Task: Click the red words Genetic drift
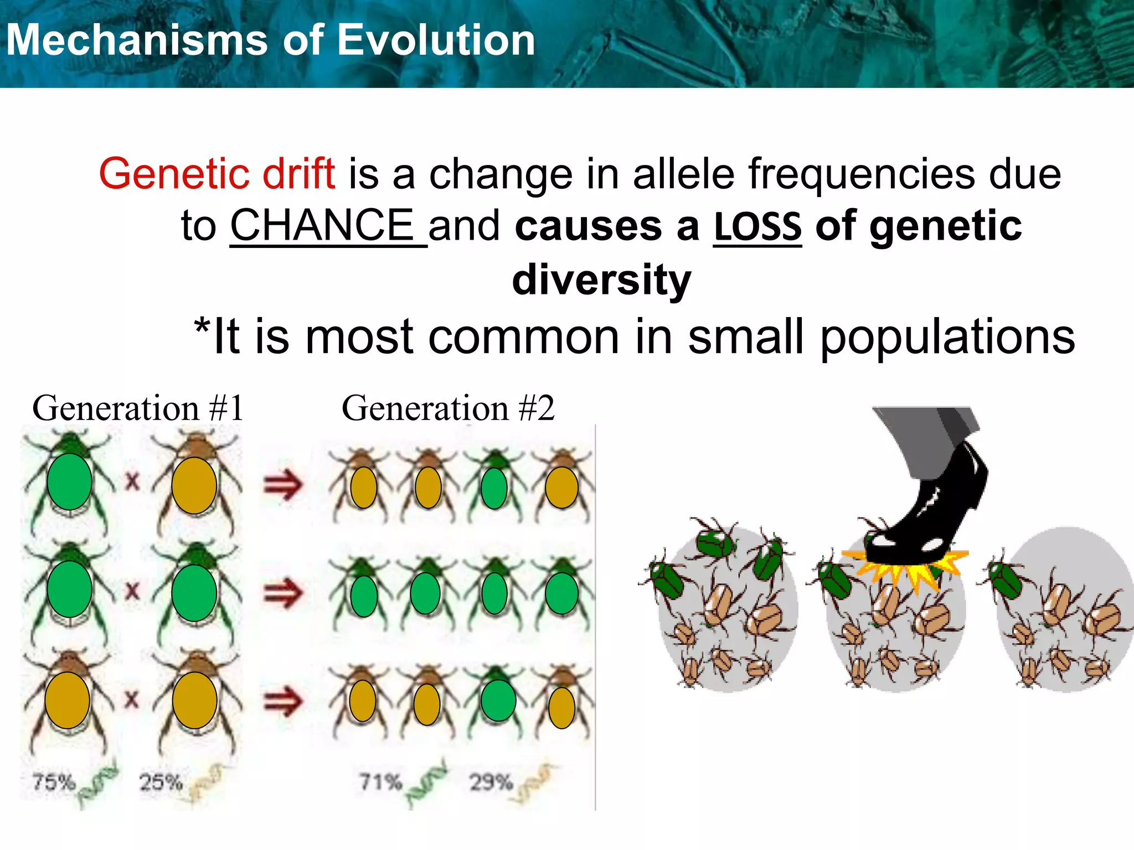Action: point(217,174)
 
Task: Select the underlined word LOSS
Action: point(757,226)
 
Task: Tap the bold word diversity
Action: point(601,279)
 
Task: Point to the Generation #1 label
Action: point(138,408)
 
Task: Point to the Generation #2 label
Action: point(447,408)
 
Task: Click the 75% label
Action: point(54,782)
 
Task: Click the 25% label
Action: point(161,782)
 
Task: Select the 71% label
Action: point(380,782)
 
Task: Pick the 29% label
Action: point(491,782)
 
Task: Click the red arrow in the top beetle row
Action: point(283,485)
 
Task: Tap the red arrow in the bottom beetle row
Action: point(283,701)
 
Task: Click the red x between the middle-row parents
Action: point(132,590)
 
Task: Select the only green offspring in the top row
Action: point(494,488)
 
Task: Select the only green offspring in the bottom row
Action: point(498,701)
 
